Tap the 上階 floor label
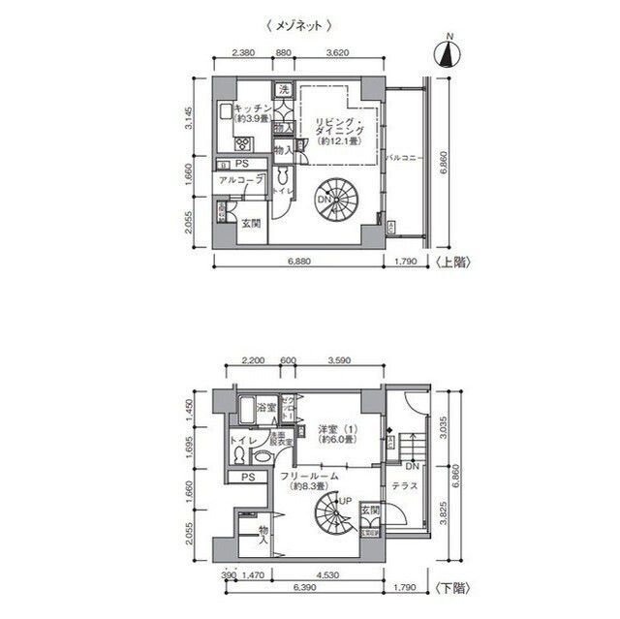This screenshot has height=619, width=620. pyautogui.click(x=454, y=263)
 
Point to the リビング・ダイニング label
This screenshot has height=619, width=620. pyautogui.click(x=335, y=130)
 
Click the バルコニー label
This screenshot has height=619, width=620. pyautogui.click(x=400, y=156)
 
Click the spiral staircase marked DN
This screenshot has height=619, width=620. pyautogui.click(x=330, y=198)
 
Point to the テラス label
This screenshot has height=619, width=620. pyautogui.click(x=405, y=484)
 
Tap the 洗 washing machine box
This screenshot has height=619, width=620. pyautogui.click(x=284, y=90)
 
